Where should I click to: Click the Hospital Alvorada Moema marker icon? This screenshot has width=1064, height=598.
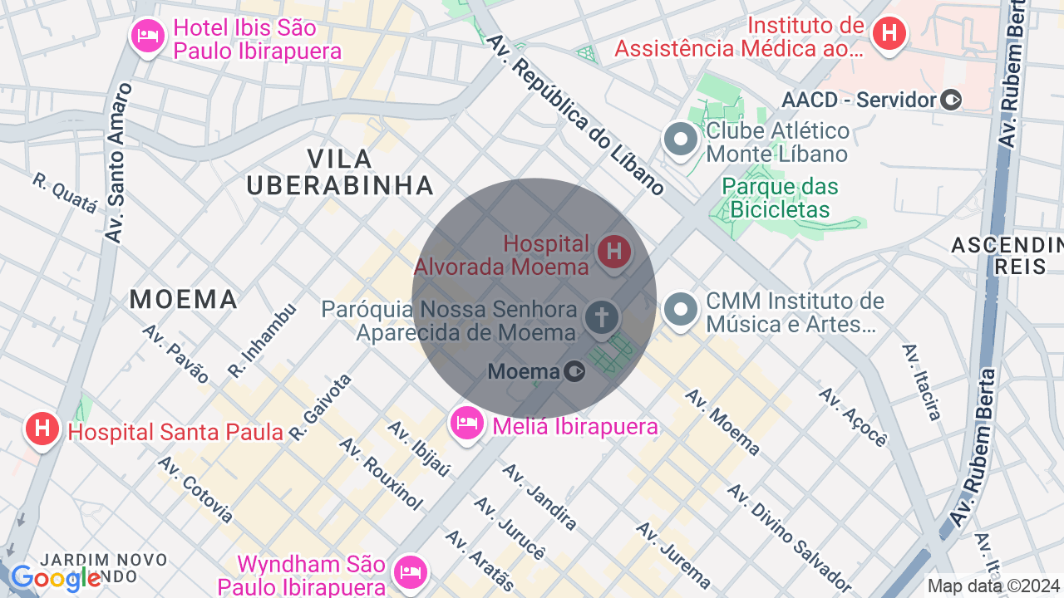click(614, 252)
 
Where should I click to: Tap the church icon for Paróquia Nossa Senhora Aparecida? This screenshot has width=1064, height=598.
click(602, 317)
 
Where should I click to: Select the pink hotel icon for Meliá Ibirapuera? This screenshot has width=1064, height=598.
click(467, 424)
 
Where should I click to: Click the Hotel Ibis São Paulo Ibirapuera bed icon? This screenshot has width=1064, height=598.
click(148, 36)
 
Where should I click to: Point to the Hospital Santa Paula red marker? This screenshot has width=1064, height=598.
click(42, 429)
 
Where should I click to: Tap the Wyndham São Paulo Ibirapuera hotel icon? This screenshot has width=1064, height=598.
click(411, 571)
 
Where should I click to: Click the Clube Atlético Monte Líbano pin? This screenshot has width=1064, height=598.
click(681, 140)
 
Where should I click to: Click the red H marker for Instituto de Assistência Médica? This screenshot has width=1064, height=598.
click(889, 34)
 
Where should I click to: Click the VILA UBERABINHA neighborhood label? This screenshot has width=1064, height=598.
click(340, 172)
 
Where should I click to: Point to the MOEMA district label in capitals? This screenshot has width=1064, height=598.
click(184, 299)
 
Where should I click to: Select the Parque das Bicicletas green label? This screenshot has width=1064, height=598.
click(780, 198)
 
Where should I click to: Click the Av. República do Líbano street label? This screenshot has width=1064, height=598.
click(575, 115)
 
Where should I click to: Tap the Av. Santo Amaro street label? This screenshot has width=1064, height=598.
click(119, 163)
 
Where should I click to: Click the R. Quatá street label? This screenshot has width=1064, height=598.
click(65, 194)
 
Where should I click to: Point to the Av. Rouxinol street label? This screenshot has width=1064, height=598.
click(381, 473)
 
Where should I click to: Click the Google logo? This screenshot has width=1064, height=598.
click(56, 578)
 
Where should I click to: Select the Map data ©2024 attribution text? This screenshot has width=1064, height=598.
click(993, 586)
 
